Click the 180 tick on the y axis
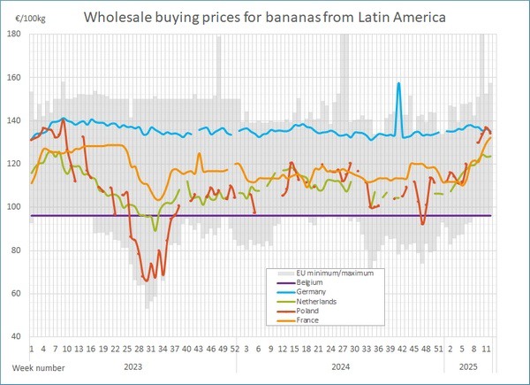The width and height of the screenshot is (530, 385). click(x=15, y=34)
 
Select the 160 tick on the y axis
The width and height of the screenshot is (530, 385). click(x=15, y=77)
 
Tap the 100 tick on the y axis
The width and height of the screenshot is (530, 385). click(x=15, y=207)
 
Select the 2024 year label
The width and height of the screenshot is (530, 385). click(x=339, y=366)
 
